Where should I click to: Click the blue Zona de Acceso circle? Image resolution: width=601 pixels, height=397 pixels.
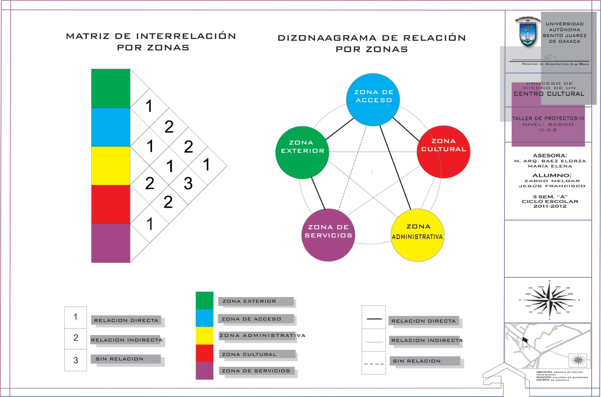[x=373, y=100]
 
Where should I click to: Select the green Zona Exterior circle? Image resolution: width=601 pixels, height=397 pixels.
[x=302, y=152]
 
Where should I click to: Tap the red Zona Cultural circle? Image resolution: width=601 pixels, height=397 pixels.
[x=443, y=152]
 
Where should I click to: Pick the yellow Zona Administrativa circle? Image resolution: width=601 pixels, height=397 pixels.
[x=418, y=235]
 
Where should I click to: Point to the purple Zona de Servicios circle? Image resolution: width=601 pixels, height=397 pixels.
[x=328, y=235]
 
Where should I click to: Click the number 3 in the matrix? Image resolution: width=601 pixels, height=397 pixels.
[x=188, y=183]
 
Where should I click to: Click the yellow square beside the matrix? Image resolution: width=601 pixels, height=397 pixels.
[x=111, y=165]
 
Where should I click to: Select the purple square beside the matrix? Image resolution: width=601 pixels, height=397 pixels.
[x=111, y=243]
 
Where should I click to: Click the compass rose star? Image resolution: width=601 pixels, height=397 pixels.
[x=549, y=300]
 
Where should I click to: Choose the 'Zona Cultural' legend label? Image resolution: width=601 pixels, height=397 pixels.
[x=249, y=355]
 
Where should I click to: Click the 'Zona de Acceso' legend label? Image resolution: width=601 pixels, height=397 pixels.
[x=251, y=319]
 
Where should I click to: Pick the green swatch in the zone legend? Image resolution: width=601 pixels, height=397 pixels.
[x=204, y=300]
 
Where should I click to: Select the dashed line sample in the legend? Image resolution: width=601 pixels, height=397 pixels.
[x=374, y=364]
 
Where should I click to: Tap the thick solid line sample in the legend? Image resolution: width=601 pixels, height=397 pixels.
[x=374, y=319]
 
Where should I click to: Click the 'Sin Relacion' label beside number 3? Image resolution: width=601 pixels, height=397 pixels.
[x=119, y=359]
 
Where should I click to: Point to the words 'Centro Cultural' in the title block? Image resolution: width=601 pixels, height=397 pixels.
[x=549, y=94]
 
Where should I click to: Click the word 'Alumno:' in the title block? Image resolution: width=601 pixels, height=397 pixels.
[x=549, y=176]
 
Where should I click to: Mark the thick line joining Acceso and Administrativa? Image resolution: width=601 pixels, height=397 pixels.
[x=395, y=167]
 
